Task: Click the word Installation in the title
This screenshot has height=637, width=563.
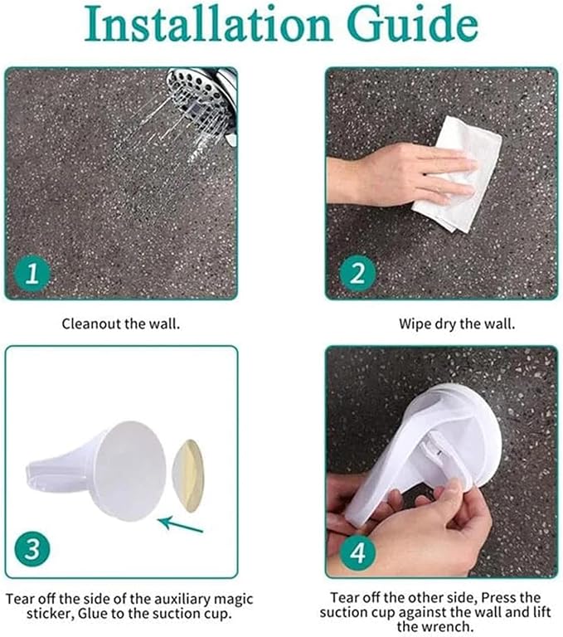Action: (209, 23)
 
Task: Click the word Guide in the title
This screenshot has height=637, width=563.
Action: (413, 23)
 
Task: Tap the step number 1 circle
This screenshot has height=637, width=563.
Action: (32, 274)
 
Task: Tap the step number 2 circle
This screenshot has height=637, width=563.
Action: (357, 274)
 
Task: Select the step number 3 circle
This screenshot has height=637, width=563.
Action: (32, 549)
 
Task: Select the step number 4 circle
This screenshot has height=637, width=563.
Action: (357, 552)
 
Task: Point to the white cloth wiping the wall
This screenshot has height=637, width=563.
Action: (459, 175)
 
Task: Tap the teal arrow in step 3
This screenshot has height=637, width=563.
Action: (181, 524)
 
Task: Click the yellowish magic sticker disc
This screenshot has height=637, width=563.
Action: (188, 476)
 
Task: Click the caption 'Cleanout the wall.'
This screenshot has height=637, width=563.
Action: (121, 323)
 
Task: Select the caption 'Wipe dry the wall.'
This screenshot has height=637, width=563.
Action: (457, 323)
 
